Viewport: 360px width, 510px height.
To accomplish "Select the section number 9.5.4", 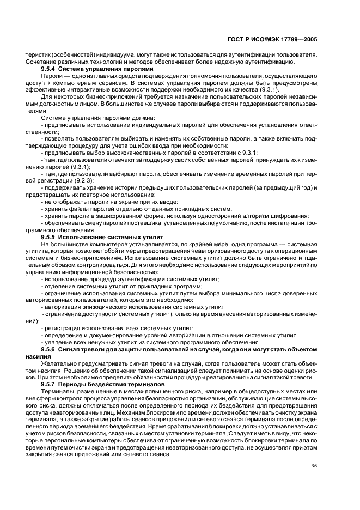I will tap(48, 70).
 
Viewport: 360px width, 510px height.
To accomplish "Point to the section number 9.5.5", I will tap(48, 238).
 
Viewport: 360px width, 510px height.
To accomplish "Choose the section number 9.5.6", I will tap(48, 348).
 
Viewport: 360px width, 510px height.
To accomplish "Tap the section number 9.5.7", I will tap(48, 384).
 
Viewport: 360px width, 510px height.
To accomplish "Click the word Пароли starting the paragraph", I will tap(51, 76).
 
